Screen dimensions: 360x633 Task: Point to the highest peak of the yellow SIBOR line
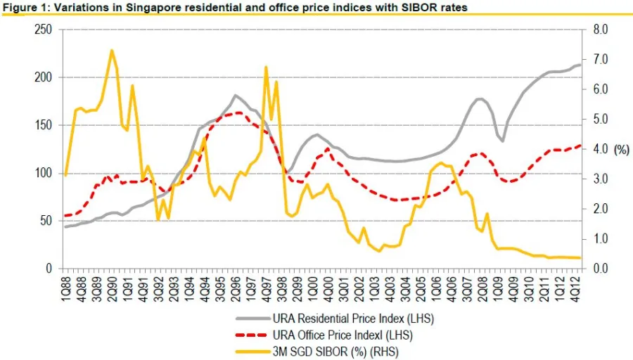(112, 50)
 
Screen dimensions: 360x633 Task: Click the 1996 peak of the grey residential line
(236, 95)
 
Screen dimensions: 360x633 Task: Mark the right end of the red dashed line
(581, 146)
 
